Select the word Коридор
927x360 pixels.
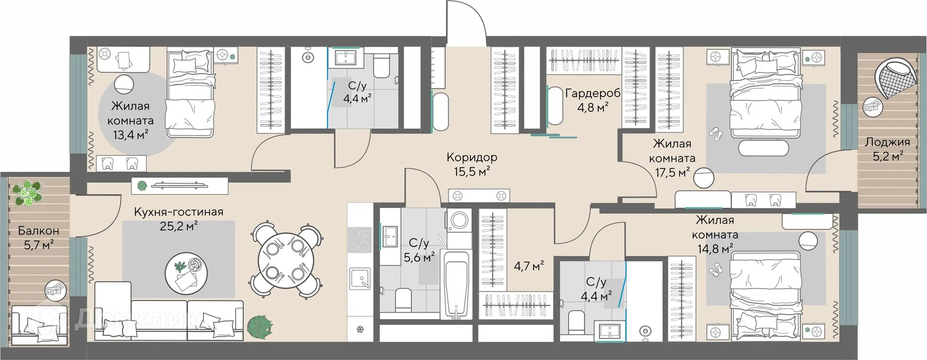click(472, 157)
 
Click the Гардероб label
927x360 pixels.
click(593, 93)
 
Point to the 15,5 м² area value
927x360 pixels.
click(472, 171)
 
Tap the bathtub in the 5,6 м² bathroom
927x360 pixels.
click(455, 284)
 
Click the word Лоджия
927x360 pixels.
click(887, 142)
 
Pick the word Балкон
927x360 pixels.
click(39, 231)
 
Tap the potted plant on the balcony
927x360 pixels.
click(27, 193)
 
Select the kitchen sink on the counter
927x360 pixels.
click(360, 279)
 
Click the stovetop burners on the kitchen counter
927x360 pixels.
click(359, 240)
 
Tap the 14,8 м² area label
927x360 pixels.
click(715, 249)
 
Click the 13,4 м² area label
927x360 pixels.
click(130, 135)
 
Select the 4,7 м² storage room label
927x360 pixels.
click(529, 265)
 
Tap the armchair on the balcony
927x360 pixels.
click(40, 324)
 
